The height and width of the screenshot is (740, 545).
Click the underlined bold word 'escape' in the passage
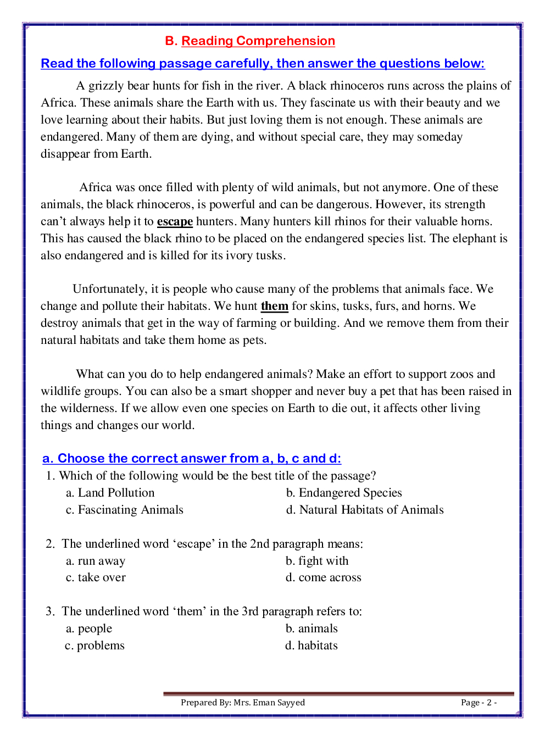click(175, 221)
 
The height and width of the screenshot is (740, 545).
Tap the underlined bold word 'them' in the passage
click(274, 306)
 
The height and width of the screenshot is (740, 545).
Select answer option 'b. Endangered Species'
click(343, 493)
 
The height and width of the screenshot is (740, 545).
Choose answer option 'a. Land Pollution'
click(110, 493)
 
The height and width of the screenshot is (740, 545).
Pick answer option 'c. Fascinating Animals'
click(124, 510)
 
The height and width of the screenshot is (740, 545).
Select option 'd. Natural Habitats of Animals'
click(364, 510)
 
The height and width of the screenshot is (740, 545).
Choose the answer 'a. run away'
click(96, 561)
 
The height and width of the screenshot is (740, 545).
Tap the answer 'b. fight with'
click(317, 561)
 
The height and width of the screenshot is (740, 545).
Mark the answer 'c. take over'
click(96, 577)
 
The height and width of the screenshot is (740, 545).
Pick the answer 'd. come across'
click(323, 577)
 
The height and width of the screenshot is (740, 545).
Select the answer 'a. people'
click(89, 628)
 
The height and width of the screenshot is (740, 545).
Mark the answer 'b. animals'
click(312, 628)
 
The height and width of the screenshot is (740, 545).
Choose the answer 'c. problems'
click(94, 646)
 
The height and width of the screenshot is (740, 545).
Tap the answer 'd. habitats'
click(311, 646)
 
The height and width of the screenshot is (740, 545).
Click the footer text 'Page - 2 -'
click(479, 703)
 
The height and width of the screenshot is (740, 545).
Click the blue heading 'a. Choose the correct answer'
click(192, 459)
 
